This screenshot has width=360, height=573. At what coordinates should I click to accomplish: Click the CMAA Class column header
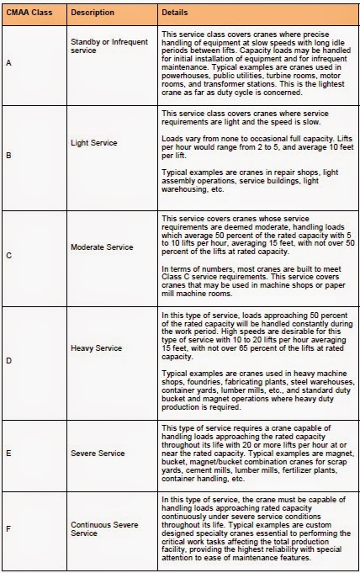pos(32,14)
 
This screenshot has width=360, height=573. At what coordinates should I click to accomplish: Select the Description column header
pos(93,14)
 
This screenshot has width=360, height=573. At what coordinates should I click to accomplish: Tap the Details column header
pos(176,14)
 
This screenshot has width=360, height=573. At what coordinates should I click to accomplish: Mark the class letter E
pos(8,452)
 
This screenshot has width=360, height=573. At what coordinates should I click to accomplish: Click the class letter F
pos(8,529)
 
